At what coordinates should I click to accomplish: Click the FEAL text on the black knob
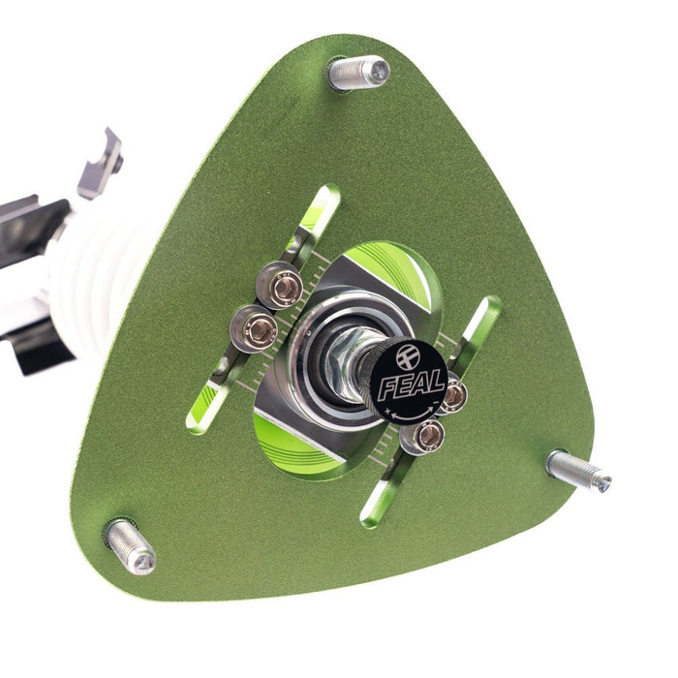(x=412, y=384)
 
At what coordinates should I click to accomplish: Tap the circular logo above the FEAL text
(x=410, y=356)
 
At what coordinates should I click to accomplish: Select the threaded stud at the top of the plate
(x=359, y=73)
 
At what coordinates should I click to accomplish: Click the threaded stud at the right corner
(x=578, y=472)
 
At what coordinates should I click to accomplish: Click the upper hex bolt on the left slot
(x=280, y=286)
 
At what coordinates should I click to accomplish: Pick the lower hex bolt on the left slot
(x=254, y=328)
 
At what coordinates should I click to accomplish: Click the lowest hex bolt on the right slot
(x=422, y=436)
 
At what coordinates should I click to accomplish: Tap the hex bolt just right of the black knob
(x=453, y=394)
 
